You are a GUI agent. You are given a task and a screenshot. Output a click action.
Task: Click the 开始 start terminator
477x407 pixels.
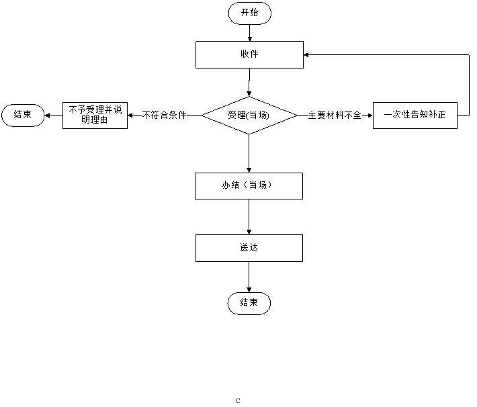coord(249,13)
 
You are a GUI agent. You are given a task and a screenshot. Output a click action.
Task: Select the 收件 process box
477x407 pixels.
coord(249,55)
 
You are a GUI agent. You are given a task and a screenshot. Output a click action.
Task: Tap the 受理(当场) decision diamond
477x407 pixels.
coord(249,116)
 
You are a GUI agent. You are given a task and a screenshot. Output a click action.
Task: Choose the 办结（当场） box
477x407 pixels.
coord(249,186)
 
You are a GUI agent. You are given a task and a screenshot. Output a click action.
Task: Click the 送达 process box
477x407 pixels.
coord(249,248)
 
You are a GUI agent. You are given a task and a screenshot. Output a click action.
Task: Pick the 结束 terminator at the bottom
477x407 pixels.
coord(249,303)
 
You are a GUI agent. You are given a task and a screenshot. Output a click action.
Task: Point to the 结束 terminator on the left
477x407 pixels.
coord(23,115)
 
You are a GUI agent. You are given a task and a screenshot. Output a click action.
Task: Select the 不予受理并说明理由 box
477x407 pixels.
coord(95,116)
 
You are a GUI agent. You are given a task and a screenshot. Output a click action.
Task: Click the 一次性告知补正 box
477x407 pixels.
coord(415,116)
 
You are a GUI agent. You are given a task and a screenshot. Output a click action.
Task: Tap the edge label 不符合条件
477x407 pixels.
coord(165,115)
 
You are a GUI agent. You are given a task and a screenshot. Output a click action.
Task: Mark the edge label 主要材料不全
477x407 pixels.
coord(335,115)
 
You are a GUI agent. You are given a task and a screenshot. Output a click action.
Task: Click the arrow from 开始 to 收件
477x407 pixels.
coord(250,33)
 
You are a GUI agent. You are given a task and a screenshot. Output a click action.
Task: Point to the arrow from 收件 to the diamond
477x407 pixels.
coord(249,83)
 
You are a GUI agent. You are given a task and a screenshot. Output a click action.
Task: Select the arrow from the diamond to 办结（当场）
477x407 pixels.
coord(249,153)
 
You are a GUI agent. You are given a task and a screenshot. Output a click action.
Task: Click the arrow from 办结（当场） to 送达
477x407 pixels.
coord(249,217)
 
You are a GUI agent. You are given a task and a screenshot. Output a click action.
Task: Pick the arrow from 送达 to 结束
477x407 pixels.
coord(249,277)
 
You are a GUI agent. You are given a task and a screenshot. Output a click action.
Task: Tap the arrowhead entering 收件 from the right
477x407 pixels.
coord(306,55)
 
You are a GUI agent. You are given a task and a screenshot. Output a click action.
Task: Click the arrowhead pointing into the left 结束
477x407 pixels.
coord(47,116)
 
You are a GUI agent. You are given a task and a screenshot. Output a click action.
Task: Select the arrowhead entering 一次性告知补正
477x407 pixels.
coord(370,116)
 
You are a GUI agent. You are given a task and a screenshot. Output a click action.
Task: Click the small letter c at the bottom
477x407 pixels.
coord(238,400)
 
